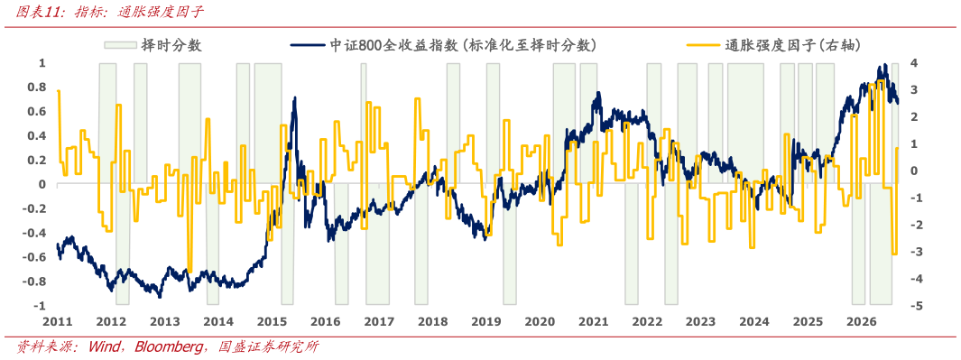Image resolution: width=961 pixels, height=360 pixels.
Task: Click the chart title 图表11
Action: click(x=32, y=12)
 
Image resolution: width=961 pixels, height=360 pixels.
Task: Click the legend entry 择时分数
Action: click(x=171, y=45)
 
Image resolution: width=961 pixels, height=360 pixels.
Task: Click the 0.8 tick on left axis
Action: click(x=38, y=88)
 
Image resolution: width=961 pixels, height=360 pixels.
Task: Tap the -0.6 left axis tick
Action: click(x=36, y=257)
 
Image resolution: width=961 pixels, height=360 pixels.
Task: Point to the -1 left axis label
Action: click(x=41, y=306)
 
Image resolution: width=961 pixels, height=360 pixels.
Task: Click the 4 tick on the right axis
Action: click(x=913, y=63)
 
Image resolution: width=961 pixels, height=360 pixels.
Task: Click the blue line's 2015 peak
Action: click(x=295, y=97)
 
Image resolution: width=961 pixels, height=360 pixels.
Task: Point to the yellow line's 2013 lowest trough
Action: click(x=190, y=271)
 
